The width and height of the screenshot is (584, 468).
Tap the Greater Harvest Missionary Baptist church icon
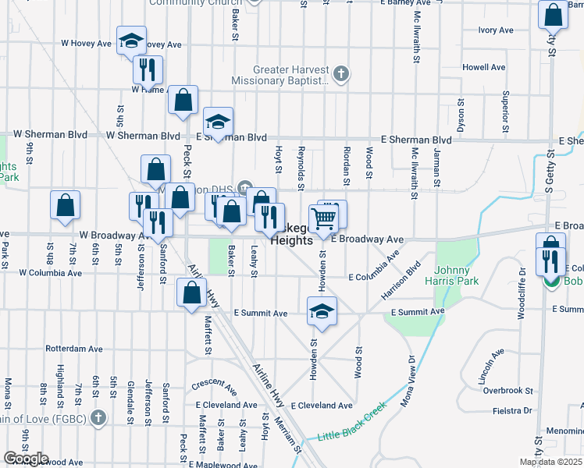pos(340,76)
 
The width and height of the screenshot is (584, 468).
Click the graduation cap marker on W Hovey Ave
pos(131,40)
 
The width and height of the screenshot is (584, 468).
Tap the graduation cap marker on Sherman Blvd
pos(219,121)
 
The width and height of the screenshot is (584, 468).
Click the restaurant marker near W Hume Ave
pos(147,70)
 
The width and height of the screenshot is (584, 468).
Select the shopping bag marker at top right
pos(553,15)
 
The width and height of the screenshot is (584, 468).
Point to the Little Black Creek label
pos(351,421)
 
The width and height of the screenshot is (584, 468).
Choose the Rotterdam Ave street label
pos(75,349)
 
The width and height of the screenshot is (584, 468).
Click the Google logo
pos(26,459)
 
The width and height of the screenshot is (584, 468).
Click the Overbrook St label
pos(507,390)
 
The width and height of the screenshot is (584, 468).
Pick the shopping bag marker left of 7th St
pos(65,204)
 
